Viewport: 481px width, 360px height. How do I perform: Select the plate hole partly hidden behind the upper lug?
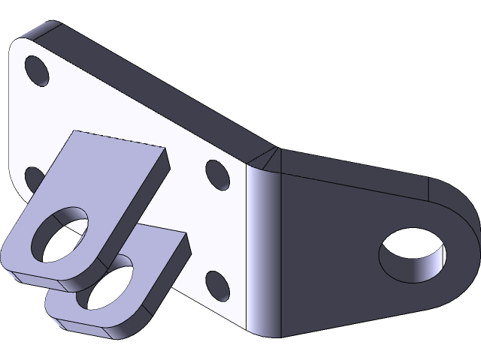click(34, 178)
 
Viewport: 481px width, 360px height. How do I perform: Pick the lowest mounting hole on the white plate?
click(216, 285)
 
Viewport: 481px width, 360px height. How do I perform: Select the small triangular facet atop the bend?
click(269, 159)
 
